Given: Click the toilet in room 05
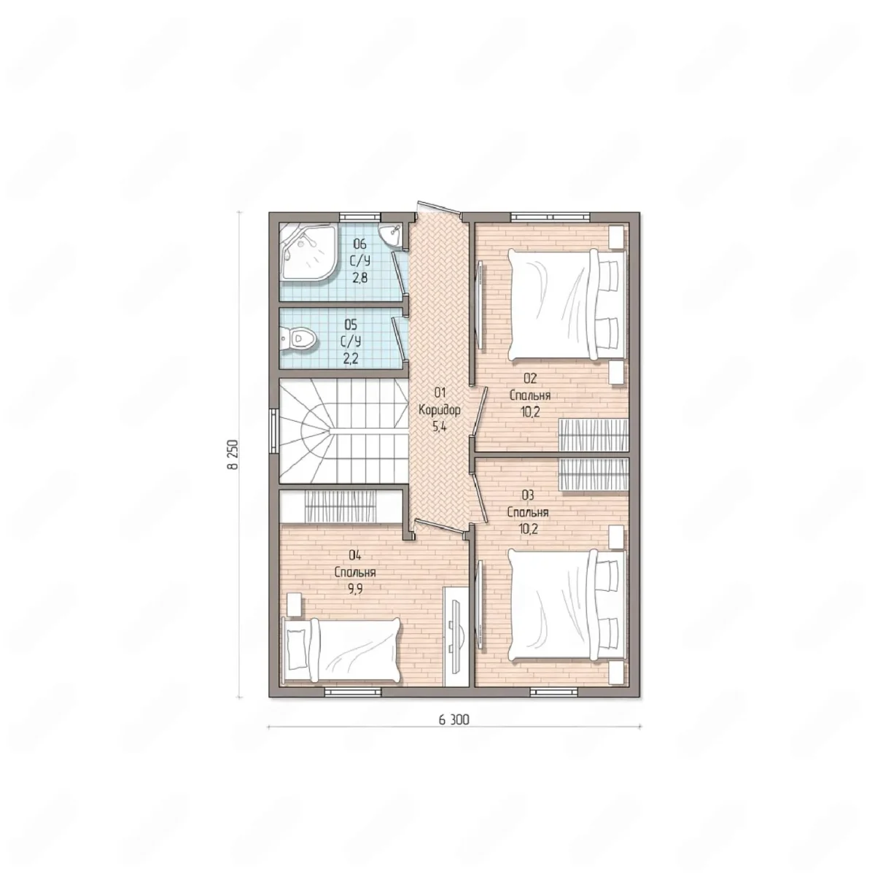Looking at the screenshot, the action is click(x=299, y=339).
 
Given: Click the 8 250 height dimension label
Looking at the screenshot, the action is click(x=233, y=454).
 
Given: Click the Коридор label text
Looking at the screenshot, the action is click(x=440, y=410).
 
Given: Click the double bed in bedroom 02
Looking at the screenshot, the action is click(x=567, y=304).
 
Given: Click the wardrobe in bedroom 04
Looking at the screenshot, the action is click(x=341, y=506).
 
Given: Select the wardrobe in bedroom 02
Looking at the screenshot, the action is click(x=593, y=434).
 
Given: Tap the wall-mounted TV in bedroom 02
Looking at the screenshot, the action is click(x=481, y=303).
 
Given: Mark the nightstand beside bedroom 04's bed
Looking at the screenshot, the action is click(x=293, y=605).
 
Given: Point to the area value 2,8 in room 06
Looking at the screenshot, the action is click(x=359, y=277).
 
